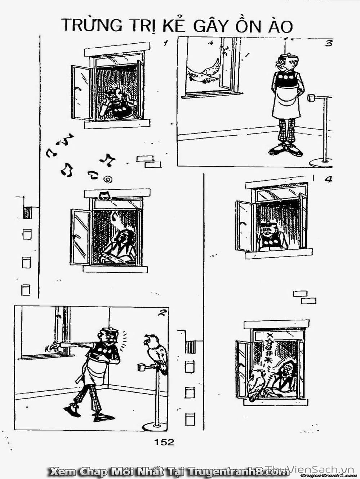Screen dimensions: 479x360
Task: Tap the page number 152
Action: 164,442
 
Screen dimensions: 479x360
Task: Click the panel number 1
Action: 166,43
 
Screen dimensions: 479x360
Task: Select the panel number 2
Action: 162,313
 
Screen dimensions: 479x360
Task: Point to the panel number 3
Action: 328,43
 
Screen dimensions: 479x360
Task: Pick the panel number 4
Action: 328,179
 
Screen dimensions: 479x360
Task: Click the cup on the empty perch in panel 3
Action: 311,98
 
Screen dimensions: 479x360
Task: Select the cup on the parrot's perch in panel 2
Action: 141,367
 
